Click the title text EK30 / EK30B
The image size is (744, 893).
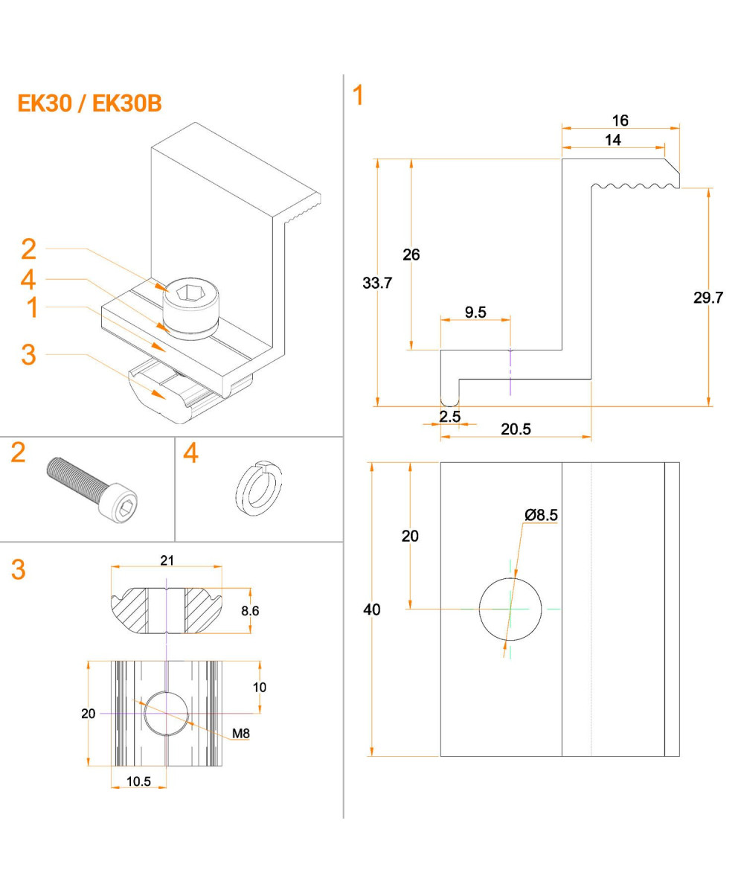click(89, 103)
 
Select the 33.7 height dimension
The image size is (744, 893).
click(377, 283)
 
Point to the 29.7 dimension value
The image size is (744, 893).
click(708, 298)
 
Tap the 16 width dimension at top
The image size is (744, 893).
click(620, 121)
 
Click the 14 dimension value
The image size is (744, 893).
click(613, 140)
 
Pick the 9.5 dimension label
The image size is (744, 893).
click(475, 312)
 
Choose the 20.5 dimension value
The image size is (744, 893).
click(516, 429)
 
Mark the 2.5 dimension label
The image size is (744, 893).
click(449, 417)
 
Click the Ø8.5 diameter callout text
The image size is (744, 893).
click(541, 514)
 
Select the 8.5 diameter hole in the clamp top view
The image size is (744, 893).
click(510, 608)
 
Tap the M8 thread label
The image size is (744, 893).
click(240, 734)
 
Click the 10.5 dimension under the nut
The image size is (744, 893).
click(138, 781)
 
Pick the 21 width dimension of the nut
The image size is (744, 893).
click(167, 560)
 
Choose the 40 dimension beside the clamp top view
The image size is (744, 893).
click(371, 609)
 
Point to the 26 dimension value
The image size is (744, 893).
click(411, 255)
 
